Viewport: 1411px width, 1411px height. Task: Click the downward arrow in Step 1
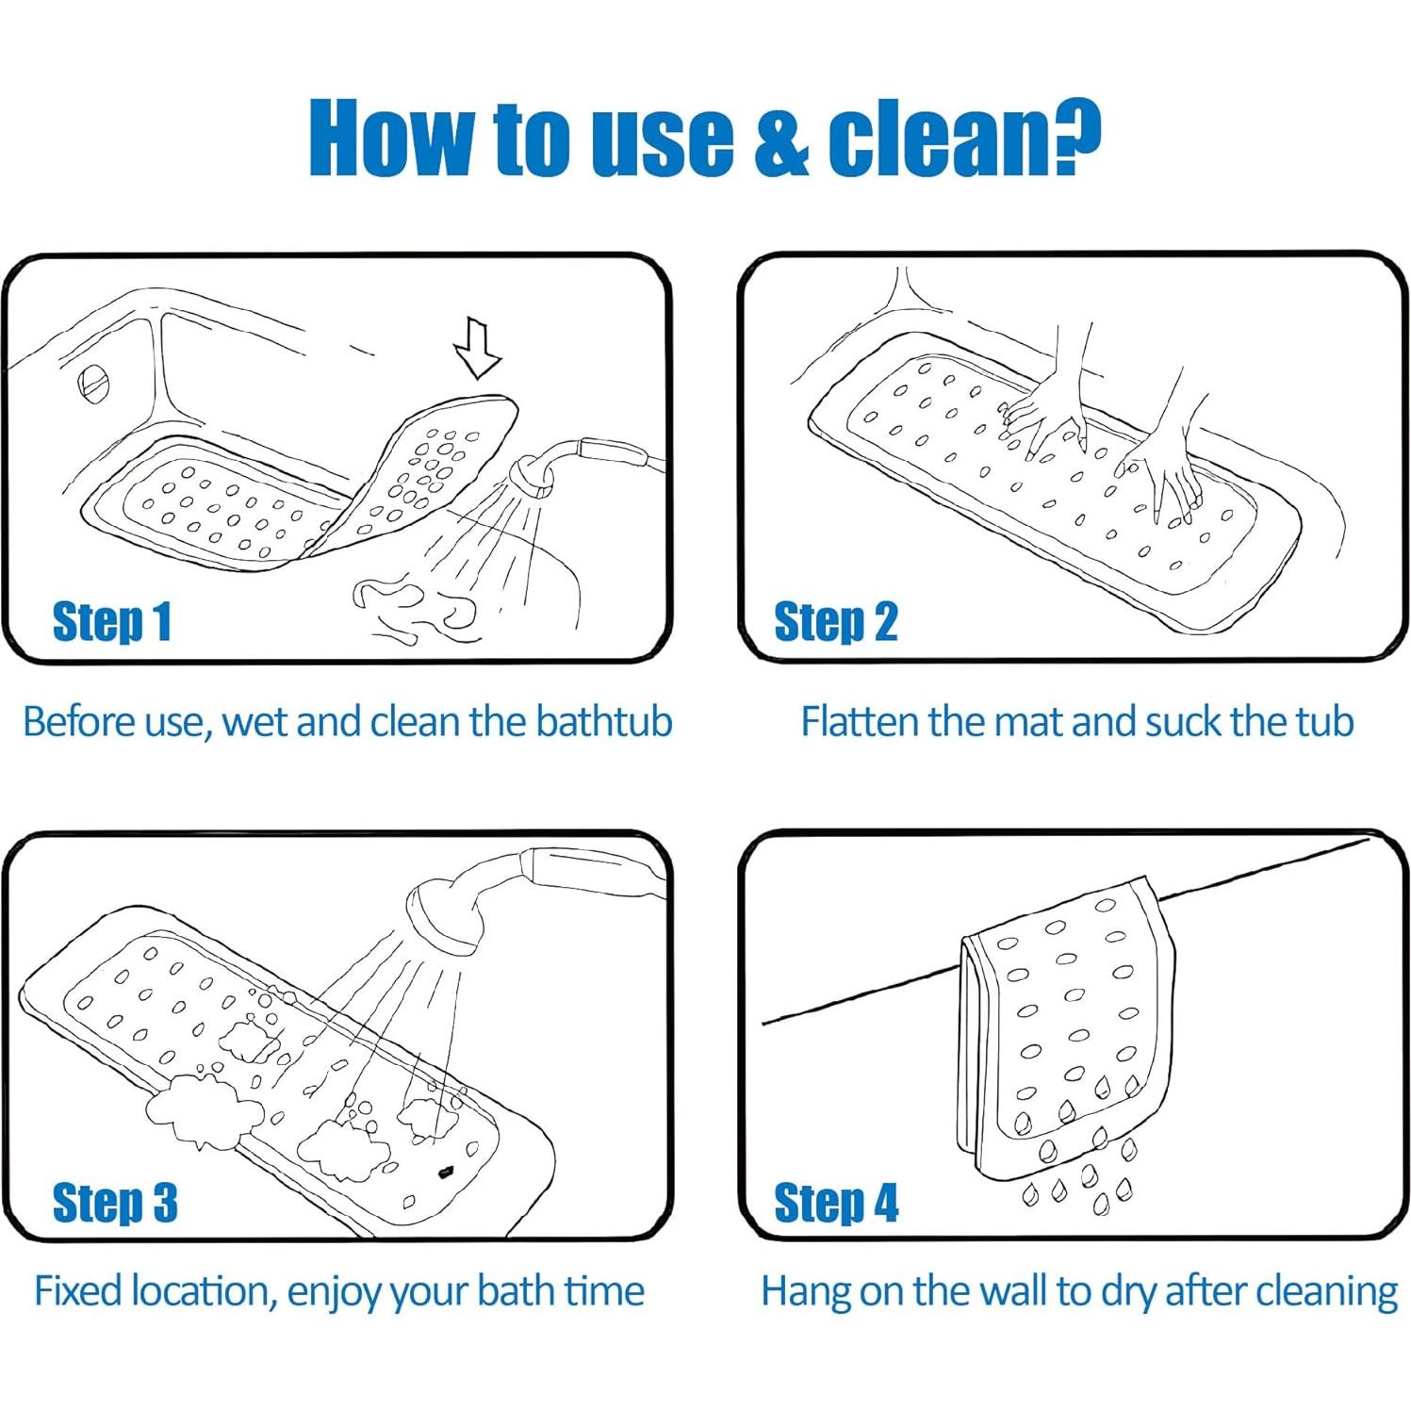[478, 348]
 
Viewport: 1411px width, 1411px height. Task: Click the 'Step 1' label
[111, 622]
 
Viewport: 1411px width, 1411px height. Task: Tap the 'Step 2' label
[835, 622]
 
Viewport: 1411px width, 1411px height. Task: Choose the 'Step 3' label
[115, 1202]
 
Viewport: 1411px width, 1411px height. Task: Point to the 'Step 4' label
[836, 1202]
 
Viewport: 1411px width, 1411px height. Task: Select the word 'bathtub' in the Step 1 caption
[604, 722]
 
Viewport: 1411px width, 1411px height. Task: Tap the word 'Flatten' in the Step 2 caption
[860, 722]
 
